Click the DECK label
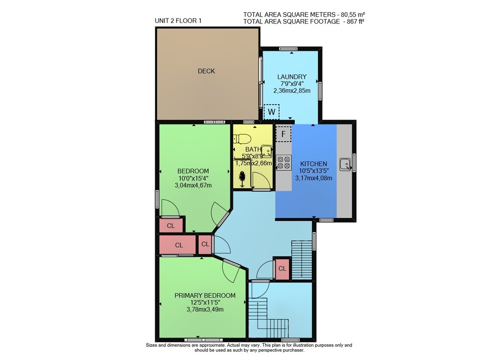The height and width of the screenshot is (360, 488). coord(206,71)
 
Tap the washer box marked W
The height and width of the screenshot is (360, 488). coord(271,112)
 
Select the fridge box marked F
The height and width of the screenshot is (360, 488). coord(283,134)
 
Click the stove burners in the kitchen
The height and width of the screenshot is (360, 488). coord(284,163)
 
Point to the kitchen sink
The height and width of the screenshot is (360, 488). coord(345,165)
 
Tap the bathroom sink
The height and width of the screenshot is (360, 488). coord(266,150)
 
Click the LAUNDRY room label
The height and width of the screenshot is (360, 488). coord(292,77)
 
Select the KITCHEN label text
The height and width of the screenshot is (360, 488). coord(313,164)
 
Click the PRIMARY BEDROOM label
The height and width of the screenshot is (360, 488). coord(205,296)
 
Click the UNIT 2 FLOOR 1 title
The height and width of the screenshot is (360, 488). coord(178,21)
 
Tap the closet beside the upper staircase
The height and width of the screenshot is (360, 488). coord(282,268)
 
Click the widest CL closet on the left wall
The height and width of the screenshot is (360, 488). coord(178,245)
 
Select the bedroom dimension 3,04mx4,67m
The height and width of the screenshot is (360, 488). coord(193,185)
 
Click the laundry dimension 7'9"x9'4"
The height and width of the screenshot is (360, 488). coord(292,84)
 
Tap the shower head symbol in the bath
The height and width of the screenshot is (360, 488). coord(242,179)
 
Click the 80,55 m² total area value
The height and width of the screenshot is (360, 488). coord(353,14)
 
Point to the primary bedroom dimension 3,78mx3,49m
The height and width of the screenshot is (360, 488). coord(205,310)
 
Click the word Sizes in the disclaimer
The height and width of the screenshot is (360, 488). coord(151,345)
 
